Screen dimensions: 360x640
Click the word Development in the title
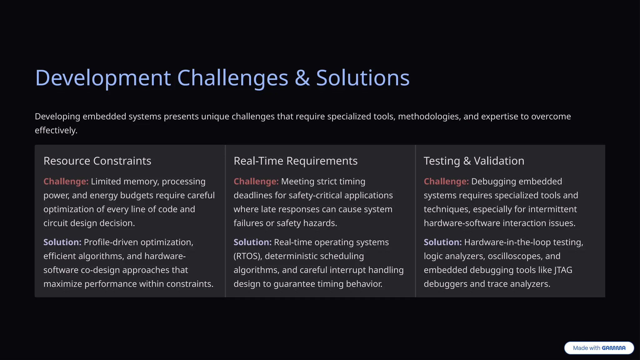[103, 78]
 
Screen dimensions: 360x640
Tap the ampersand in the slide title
[302, 78]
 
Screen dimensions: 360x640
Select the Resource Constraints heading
[97, 161]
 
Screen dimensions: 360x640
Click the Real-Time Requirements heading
[295, 161]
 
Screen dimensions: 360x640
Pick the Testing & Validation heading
[474, 161]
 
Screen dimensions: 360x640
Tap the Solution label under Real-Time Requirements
[252, 242]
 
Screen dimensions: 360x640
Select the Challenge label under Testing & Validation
[446, 182]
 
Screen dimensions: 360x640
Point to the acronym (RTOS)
[247, 256]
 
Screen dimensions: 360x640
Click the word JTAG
[563, 270]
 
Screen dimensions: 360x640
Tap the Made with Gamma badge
[599, 348]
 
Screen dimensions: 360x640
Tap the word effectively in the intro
[56, 130]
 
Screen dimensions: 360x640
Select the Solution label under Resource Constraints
[62, 242]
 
